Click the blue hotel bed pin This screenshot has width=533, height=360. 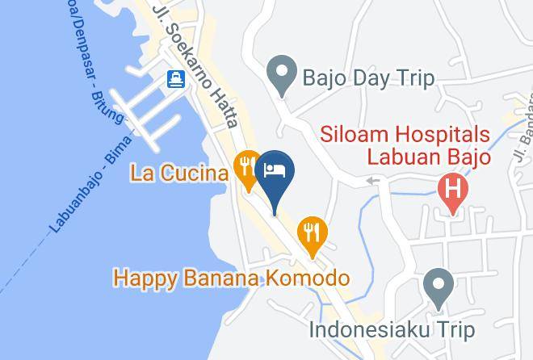pyautogui.click(x=275, y=172)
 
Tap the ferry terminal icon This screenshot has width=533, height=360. pyautogui.click(x=176, y=79)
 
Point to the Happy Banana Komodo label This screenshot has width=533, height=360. pyautogui.click(x=231, y=279)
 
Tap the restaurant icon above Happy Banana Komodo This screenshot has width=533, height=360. pyautogui.click(x=312, y=232)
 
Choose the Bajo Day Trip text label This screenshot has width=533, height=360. pyautogui.click(x=368, y=78)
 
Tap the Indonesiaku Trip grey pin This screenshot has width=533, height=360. pyautogui.click(x=439, y=288)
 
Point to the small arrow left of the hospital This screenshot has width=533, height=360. pyautogui.click(x=371, y=180)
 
